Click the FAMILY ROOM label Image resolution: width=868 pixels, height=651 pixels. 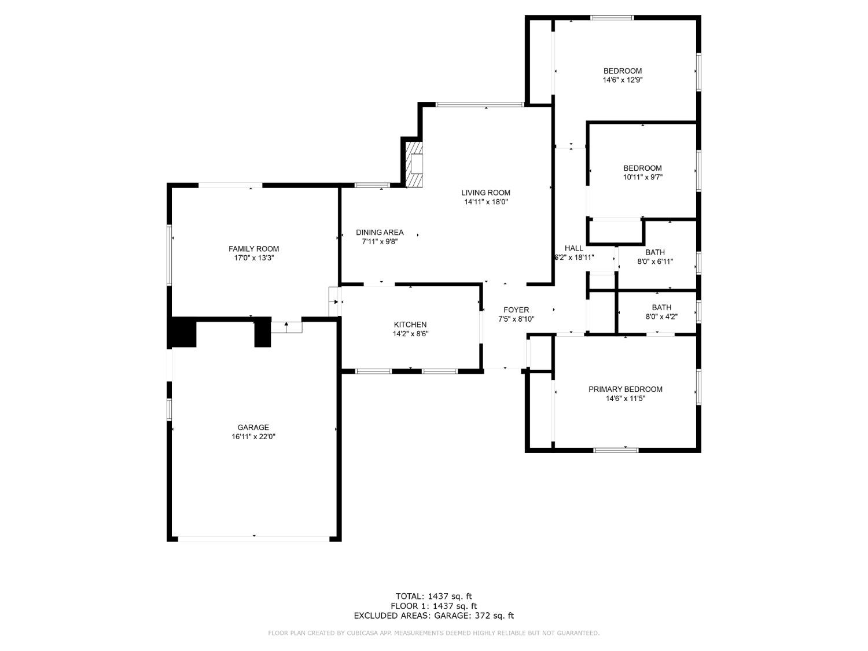pos(253,249)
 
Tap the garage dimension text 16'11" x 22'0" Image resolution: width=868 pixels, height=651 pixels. pos(253,437)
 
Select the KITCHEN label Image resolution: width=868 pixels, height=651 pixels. pos(410,325)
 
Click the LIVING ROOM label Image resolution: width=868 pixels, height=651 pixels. pos(486,193)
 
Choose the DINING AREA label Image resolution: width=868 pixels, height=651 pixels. pos(380,233)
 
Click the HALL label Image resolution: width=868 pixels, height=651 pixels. pos(574,248)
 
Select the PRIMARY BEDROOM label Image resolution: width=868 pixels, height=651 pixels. pos(625,389)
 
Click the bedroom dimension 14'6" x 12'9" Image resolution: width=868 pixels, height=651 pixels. pos(623,80)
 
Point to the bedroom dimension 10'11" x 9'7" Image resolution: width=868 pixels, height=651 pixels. pos(642,178)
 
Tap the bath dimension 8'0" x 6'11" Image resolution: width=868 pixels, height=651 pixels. pos(654,262)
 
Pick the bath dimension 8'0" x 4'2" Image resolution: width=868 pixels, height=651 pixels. pos(661,317)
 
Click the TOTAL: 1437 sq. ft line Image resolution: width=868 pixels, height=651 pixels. pos(433,596)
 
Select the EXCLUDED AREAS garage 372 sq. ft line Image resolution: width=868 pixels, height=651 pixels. pos(433,616)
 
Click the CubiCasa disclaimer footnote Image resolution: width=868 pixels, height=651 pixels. pos(433,633)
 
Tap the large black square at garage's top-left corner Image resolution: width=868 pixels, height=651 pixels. pos(182,333)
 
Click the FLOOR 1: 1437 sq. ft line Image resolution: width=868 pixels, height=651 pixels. pos(433,606)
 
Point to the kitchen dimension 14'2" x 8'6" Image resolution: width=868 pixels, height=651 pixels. pos(410,334)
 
